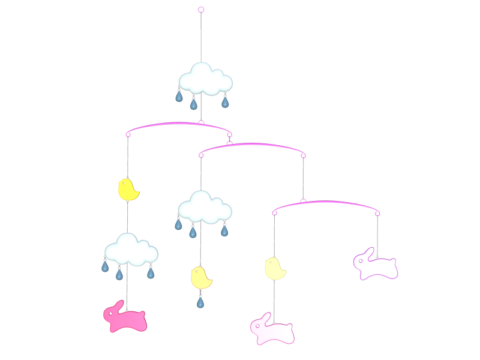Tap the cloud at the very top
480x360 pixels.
point(205,79)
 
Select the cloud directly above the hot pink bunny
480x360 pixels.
point(131,249)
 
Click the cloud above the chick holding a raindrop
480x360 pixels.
point(204,206)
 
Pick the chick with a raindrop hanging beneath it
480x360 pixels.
point(200,278)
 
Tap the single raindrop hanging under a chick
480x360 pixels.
point(200,302)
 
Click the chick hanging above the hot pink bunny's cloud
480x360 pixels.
point(128,190)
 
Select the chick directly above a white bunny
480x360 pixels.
point(275,268)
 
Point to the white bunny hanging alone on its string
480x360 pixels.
point(376,266)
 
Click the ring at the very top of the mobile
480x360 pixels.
point(201,10)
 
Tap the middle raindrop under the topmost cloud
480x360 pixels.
point(193,104)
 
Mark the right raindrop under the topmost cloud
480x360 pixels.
point(225,103)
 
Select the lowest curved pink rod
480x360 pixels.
point(326,204)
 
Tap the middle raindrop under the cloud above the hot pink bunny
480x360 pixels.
point(119,274)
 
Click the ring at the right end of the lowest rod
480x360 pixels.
point(378,212)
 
